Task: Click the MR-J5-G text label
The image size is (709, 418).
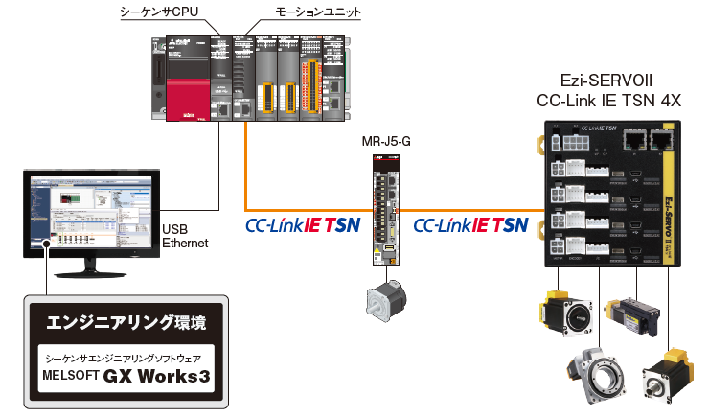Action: click(388, 142)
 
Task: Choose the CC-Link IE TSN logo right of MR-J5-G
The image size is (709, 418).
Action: click(470, 225)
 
